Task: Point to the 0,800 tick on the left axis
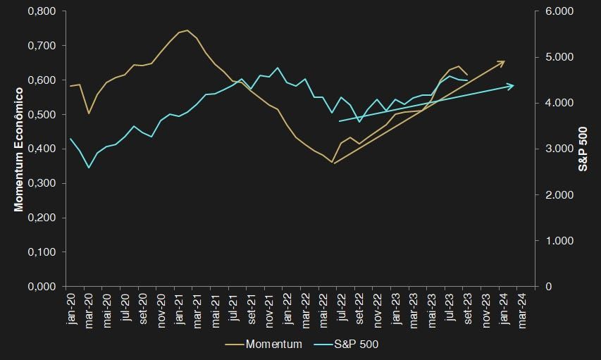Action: [43, 12]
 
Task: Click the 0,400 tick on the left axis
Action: [43, 149]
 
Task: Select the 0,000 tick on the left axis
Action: [43, 287]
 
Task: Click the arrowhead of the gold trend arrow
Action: [504, 61]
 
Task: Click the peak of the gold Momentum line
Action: [187, 30]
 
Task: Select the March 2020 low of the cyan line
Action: [88, 168]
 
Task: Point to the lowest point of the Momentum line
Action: [332, 163]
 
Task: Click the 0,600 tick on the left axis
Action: [43, 80]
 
